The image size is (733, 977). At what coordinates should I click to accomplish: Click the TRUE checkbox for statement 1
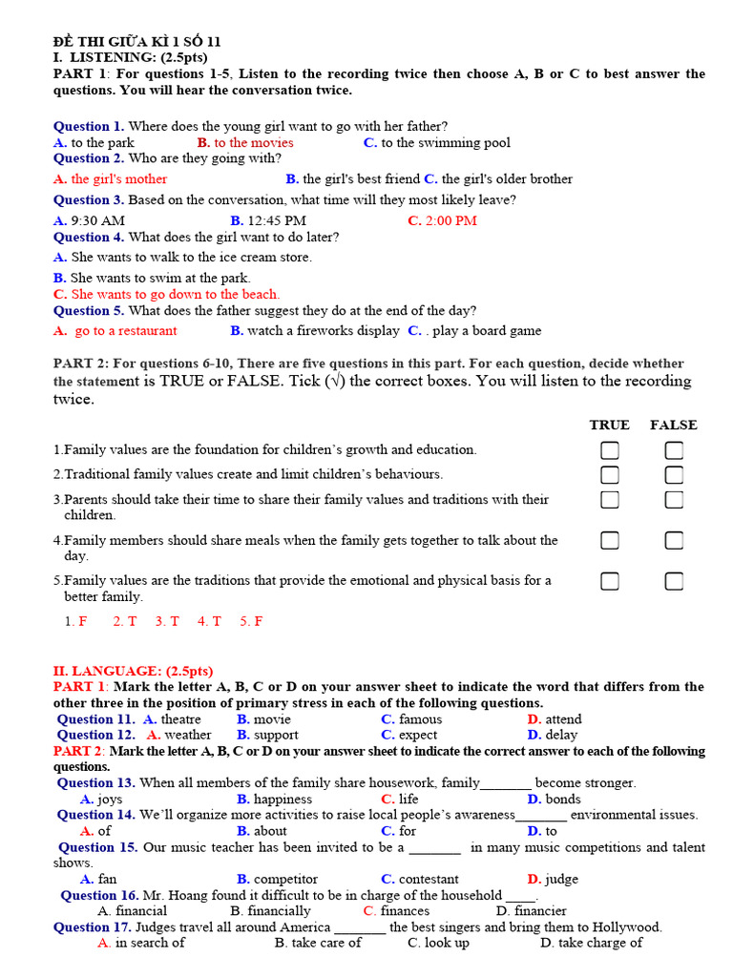609,450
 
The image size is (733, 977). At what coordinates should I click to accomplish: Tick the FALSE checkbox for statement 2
674,475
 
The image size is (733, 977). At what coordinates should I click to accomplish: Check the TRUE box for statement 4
609,541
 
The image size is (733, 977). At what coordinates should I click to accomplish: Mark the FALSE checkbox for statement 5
674,581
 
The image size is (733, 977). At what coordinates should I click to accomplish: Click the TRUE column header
609,426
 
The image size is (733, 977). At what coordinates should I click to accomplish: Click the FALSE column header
674,426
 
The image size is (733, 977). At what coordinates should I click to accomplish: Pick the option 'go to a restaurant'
125,331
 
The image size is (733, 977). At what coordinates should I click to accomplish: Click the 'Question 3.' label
89,200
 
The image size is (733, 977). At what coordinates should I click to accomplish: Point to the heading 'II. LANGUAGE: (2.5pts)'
133,672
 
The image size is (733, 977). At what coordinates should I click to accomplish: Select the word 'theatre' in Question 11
180,719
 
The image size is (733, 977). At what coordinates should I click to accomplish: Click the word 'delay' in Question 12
561,736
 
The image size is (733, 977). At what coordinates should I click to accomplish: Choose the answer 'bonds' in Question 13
563,800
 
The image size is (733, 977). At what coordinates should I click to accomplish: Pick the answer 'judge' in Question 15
561,880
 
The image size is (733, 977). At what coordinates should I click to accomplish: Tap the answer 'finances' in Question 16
405,911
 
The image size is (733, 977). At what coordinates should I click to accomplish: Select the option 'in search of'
150,943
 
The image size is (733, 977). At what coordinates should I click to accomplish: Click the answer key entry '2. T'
125,621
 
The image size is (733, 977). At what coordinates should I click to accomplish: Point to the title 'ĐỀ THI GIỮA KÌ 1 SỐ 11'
136,42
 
